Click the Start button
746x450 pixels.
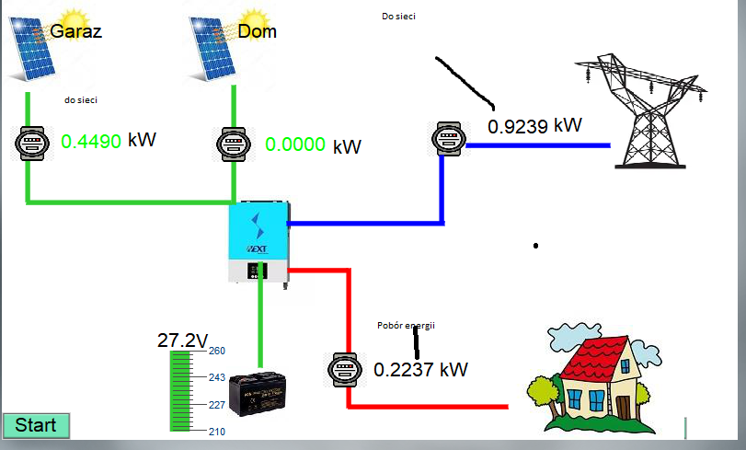36,425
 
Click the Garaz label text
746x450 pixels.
76,31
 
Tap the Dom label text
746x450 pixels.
257,31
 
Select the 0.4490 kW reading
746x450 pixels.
108,141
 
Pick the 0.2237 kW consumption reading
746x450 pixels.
420,370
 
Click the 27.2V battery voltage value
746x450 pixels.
183,340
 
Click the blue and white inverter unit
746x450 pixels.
258,243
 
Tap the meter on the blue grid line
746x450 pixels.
446,139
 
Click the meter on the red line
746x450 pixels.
344,370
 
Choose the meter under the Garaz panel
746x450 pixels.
31,144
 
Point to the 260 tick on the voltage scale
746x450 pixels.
217,351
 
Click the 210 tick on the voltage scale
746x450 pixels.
217,432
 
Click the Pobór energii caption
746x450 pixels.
406,326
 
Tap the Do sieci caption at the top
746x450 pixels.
397,17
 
